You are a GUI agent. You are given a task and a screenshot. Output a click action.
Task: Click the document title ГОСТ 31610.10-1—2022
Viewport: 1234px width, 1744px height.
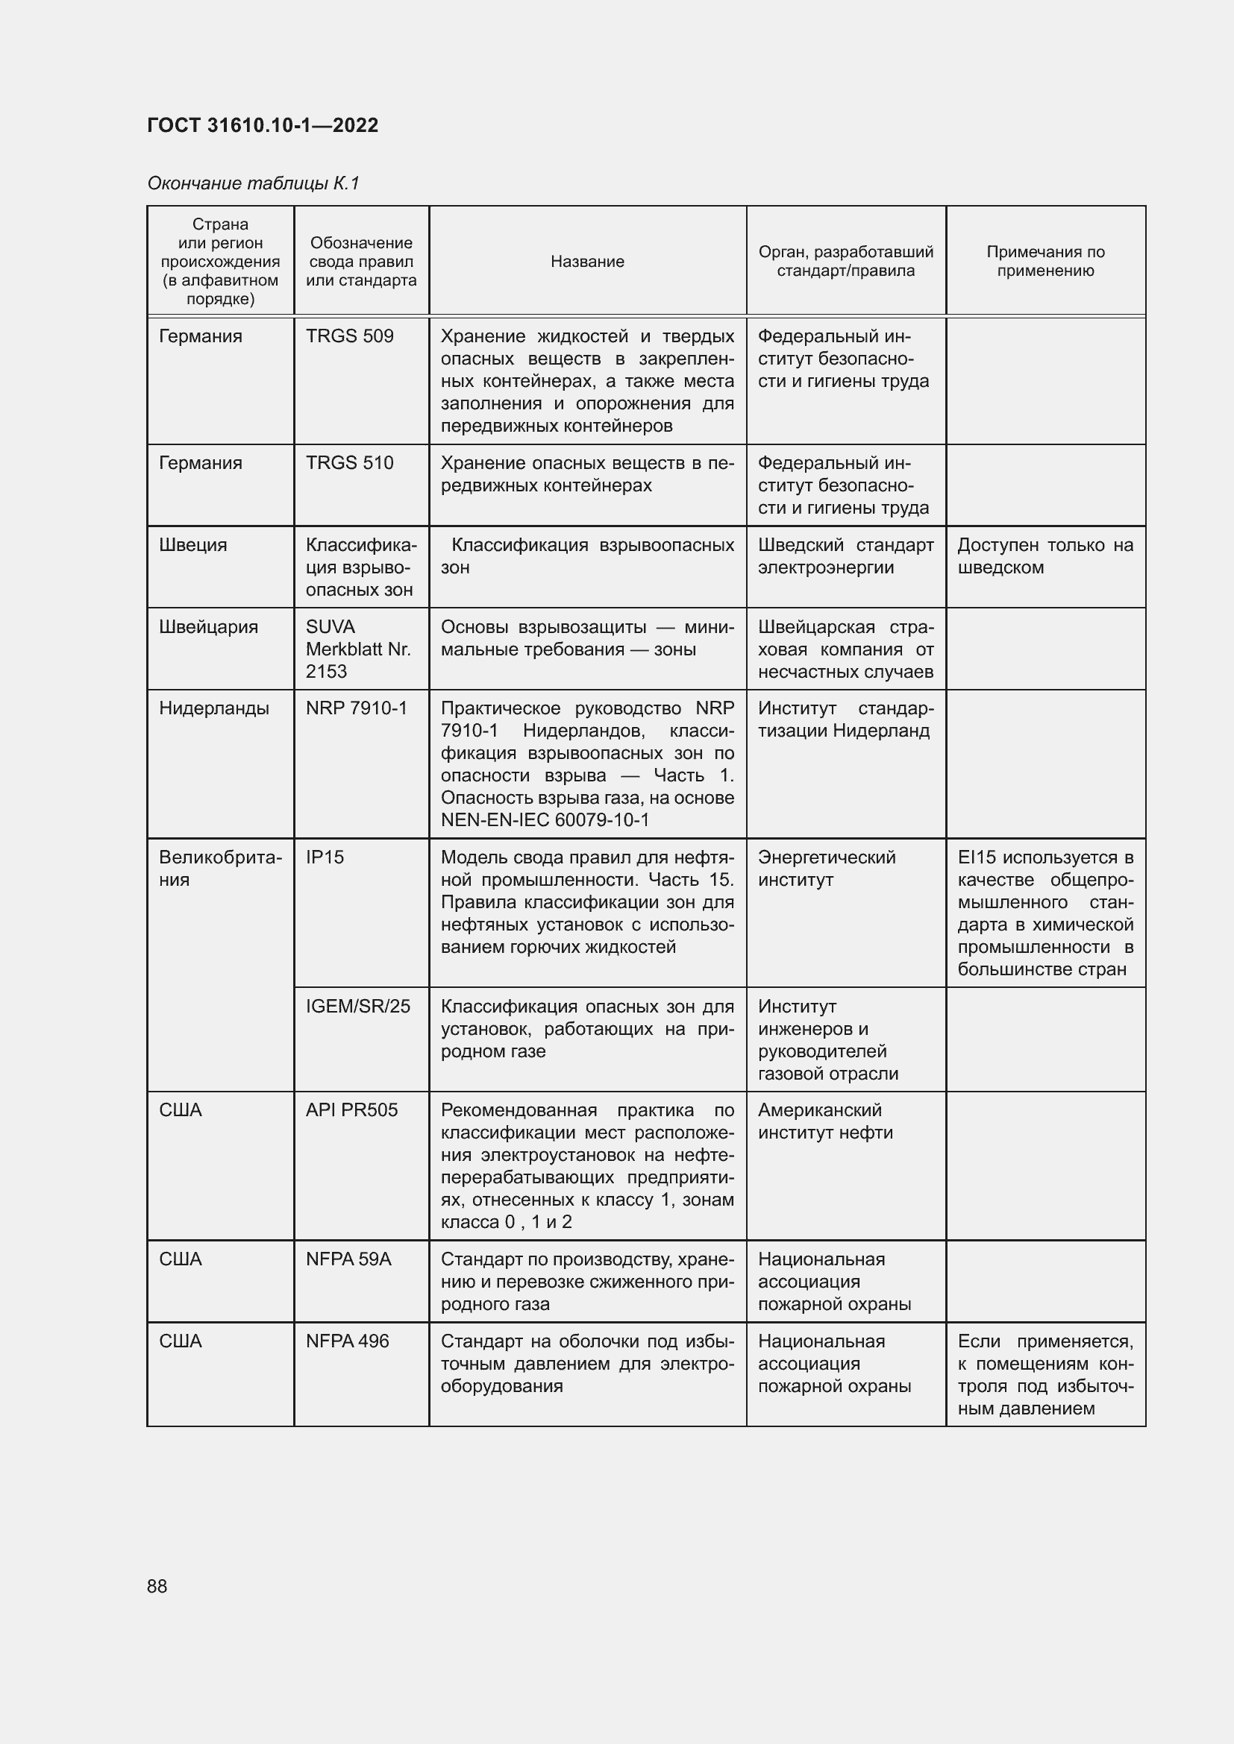pyautogui.click(x=262, y=125)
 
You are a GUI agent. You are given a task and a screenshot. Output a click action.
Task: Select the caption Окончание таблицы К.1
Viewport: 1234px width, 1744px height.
pyautogui.click(x=252, y=183)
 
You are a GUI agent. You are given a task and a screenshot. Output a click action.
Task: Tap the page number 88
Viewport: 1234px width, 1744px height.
pyautogui.click(x=157, y=1586)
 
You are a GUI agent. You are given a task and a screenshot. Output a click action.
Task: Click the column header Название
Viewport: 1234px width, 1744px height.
pyautogui.click(x=587, y=261)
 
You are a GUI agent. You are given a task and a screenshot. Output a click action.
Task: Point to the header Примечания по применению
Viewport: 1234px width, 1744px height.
pyautogui.click(x=1044, y=261)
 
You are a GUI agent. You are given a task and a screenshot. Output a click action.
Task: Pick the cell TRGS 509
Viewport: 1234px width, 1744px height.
pyautogui.click(x=349, y=336)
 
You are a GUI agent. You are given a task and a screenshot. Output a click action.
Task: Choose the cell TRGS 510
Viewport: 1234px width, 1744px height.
pyautogui.click(x=349, y=463)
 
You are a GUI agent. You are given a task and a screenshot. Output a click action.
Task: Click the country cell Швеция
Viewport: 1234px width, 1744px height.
pyautogui.click(x=193, y=545)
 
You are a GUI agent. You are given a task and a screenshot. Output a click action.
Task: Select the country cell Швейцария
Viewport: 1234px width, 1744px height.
pyautogui.click(x=208, y=627)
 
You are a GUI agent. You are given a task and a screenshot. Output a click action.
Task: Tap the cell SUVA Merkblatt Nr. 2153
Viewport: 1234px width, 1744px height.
pyautogui.click(x=357, y=649)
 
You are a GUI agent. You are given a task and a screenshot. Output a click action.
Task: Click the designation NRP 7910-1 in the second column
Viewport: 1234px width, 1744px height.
pyautogui.click(x=357, y=708)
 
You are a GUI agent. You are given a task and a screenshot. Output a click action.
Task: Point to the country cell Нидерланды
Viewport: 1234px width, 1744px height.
pyautogui.click(x=213, y=708)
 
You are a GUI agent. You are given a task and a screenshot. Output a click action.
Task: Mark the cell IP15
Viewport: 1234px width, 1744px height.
pyautogui.click(x=325, y=857)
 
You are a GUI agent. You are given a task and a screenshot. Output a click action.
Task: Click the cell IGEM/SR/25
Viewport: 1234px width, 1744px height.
pyautogui.click(x=358, y=1007)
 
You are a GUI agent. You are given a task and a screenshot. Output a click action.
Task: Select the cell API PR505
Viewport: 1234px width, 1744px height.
pyautogui.click(x=351, y=1110)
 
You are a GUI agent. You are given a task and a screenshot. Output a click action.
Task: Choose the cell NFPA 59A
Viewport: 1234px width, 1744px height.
pyautogui.click(x=348, y=1259)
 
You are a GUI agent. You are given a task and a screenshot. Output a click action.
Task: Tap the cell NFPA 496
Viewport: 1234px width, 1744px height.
pyautogui.click(x=347, y=1341)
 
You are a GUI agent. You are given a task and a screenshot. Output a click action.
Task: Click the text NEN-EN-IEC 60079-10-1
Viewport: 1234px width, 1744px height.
pyautogui.click(x=545, y=820)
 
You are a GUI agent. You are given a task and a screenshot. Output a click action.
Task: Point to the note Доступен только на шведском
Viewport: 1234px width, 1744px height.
pyautogui.click(x=1044, y=557)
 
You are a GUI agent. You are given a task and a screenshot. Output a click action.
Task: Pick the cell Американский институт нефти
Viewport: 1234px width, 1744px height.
pyautogui.click(x=825, y=1121)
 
